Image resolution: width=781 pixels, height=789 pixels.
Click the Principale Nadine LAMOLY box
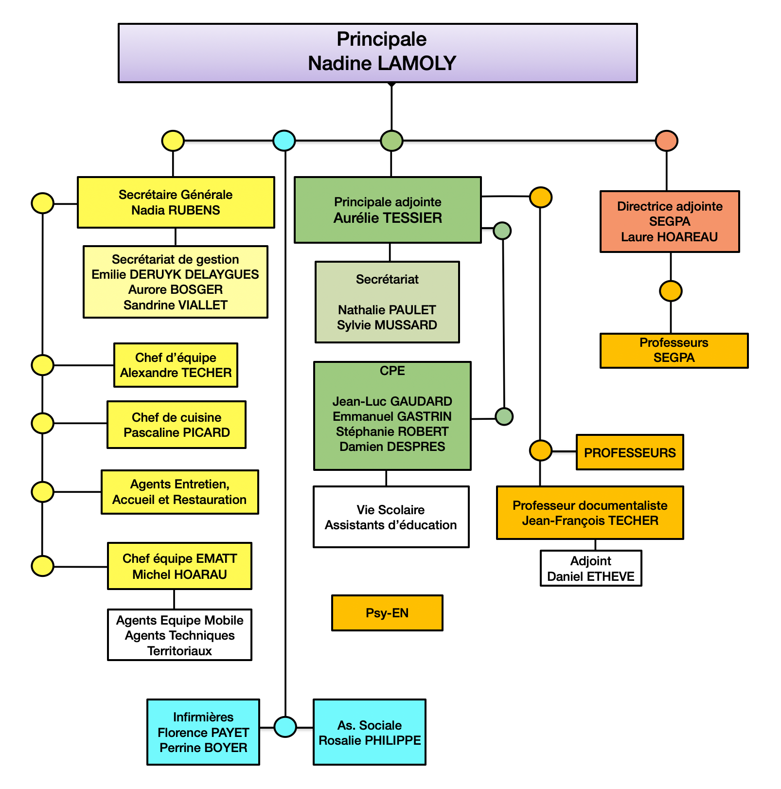pyautogui.click(x=377, y=53)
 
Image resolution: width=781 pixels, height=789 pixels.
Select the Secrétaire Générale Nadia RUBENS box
pyautogui.click(x=176, y=202)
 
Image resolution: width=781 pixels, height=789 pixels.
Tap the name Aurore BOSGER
pyautogui.click(x=176, y=290)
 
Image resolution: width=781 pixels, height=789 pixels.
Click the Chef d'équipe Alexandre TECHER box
pyautogui.click(x=176, y=365)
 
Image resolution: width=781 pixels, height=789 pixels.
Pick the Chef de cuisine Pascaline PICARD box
pyautogui.click(x=177, y=425)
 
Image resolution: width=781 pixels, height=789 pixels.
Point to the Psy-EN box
pyautogui.click(x=387, y=613)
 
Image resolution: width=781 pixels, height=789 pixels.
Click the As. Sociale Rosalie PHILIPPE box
pyautogui.click(x=370, y=733)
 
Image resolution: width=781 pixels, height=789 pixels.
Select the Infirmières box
pyautogui.click(x=203, y=732)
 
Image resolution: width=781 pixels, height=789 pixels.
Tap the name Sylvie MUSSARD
pyautogui.click(x=387, y=325)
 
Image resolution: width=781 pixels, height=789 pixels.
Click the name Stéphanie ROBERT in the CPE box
pyautogui.click(x=392, y=432)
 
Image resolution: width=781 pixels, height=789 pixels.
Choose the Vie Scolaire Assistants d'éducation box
pyautogui.click(x=391, y=517)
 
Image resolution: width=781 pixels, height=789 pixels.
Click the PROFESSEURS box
pyautogui.click(x=630, y=452)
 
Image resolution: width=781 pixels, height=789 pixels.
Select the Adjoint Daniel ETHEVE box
pyautogui.click(x=591, y=569)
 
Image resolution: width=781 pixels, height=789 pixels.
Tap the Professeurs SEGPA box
pyautogui.click(x=674, y=350)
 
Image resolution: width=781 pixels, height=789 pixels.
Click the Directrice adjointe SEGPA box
pyautogui.click(x=670, y=222)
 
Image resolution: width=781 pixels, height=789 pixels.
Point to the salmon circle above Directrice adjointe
pyautogui.click(x=667, y=141)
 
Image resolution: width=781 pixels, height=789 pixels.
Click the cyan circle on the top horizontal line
pyautogui.click(x=284, y=141)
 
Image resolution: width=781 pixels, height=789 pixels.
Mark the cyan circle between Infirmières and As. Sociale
pyautogui.click(x=285, y=727)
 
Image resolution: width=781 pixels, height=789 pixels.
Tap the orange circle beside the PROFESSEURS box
pyautogui.click(x=540, y=450)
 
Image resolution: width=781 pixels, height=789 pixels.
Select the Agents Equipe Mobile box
pyautogui.click(x=179, y=635)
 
